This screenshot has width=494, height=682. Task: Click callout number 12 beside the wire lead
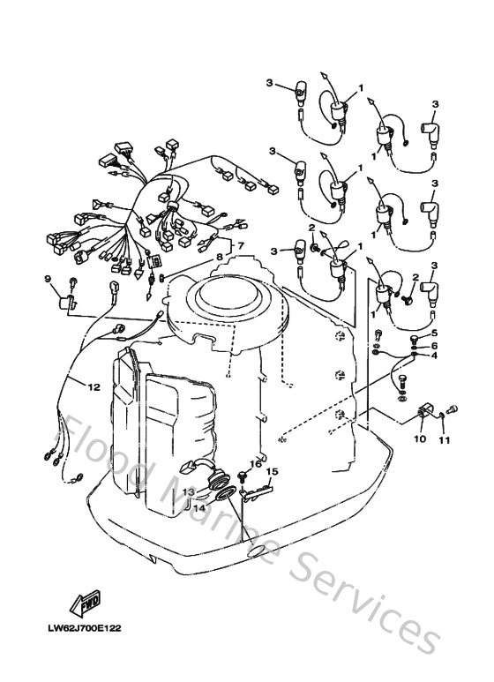pyautogui.click(x=93, y=385)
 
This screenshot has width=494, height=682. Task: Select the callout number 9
pyautogui.click(x=49, y=280)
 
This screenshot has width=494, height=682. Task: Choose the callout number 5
pyautogui.click(x=433, y=333)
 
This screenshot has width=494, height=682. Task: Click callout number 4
pyautogui.click(x=433, y=356)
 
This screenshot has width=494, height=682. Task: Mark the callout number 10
pyautogui.click(x=420, y=438)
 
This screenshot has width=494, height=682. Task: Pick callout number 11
pyautogui.click(x=445, y=438)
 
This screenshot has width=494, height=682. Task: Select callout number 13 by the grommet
pyautogui.click(x=188, y=491)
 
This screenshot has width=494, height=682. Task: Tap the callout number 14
pyautogui.click(x=198, y=508)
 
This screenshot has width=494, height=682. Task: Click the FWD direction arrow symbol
pyautogui.click(x=89, y=604)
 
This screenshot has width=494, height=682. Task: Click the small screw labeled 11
pyautogui.click(x=453, y=408)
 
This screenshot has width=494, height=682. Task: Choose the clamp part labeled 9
pyautogui.click(x=64, y=302)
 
